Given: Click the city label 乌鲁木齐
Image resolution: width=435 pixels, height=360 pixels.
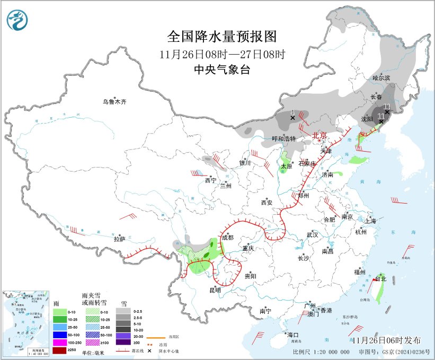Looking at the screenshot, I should (x=115, y=102).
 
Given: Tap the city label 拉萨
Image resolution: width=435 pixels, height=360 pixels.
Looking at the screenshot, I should (x=119, y=239).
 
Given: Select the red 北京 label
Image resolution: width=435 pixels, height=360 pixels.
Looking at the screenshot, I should (x=319, y=135).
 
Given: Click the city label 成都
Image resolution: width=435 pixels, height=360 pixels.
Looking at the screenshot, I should (x=227, y=238).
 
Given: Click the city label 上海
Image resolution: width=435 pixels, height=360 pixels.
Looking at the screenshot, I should (x=370, y=221).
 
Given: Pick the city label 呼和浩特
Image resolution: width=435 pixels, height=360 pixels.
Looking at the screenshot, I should (x=283, y=139).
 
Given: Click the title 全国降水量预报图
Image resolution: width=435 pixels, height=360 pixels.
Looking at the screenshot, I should (x=222, y=37).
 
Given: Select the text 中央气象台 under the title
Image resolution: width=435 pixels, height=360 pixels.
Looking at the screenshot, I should (x=221, y=69).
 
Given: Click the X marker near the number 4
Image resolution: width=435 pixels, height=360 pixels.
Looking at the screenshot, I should (x=292, y=118).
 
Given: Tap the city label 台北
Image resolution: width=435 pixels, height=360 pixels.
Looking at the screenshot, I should (x=381, y=278).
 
